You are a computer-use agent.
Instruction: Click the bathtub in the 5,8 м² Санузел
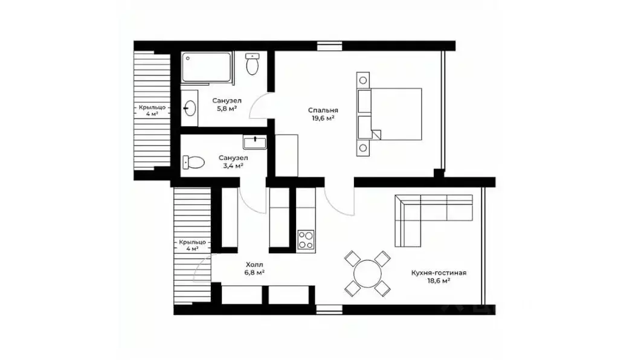point(207,68)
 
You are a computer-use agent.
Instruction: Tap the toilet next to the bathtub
point(253,64)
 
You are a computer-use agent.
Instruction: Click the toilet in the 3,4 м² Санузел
point(193,162)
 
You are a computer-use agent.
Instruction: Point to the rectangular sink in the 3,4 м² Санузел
point(254,142)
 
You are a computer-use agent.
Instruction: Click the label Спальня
point(323,111)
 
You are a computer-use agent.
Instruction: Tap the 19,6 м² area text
point(323,118)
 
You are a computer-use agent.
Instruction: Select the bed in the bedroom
point(390,114)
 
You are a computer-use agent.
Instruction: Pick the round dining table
point(368,274)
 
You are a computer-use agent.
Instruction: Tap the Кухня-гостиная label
point(439,272)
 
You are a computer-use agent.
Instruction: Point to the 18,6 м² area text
point(439,280)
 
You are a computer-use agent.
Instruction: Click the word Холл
point(254,265)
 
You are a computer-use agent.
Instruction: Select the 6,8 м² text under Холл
point(254,272)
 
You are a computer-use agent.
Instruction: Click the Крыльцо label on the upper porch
point(152,107)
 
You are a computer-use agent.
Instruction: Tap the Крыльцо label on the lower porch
point(192,242)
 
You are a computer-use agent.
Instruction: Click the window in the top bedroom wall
point(329,46)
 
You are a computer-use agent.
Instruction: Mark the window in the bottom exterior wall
point(329,310)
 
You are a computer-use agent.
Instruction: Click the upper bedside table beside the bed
point(363,81)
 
